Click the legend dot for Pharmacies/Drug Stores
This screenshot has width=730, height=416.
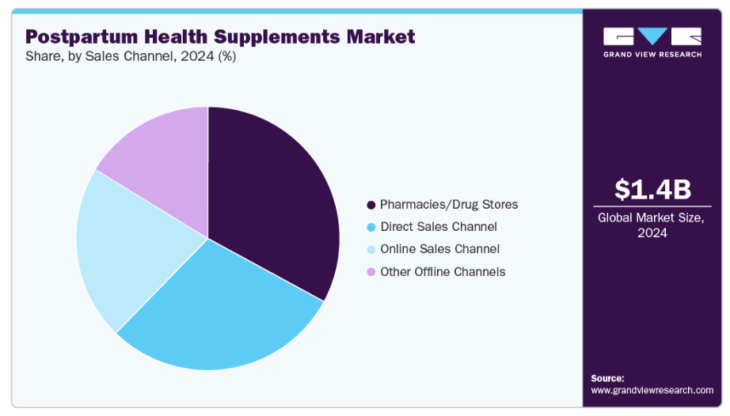[x=371, y=205]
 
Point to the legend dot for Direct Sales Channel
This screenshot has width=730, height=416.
[x=371, y=227]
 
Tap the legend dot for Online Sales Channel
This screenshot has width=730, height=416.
[x=371, y=249]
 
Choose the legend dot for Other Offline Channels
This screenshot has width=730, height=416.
[x=371, y=272]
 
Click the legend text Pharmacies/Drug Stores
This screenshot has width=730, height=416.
[x=449, y=205]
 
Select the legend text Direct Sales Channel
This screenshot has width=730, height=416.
[x=439, y=227]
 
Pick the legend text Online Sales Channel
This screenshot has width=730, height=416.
[x=439, y=249]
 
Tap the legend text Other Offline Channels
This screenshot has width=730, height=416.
[x=443, y=272]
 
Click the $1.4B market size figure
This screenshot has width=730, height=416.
[x=652, y=190]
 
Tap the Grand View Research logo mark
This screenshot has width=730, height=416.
[x=652, y=36]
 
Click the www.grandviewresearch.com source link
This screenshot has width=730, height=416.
[x=652, y=390]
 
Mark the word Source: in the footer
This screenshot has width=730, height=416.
[x=607, y=378]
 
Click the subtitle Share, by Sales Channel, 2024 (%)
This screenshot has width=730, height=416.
[x=131, y=57]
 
